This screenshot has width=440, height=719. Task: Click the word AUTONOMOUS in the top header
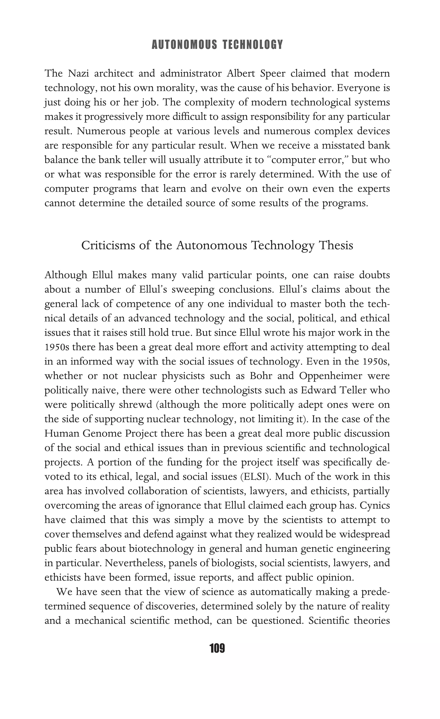184,45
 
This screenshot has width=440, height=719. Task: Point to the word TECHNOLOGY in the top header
253,45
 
